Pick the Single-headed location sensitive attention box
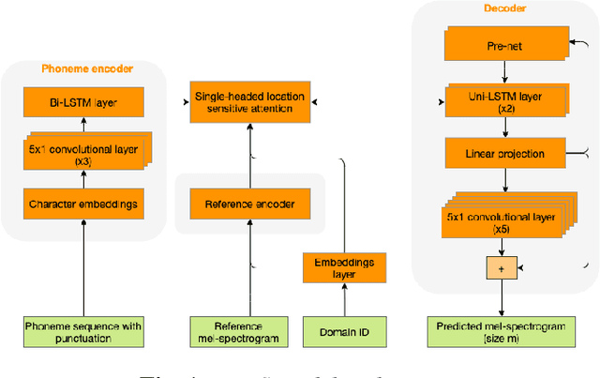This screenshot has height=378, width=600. coord(250,101)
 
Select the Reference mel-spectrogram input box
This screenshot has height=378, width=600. coord(249,332)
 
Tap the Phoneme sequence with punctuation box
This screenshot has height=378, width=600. coord(83,332)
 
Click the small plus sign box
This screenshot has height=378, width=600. coord(502,267)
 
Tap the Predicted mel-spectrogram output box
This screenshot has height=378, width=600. coord(505,332)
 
